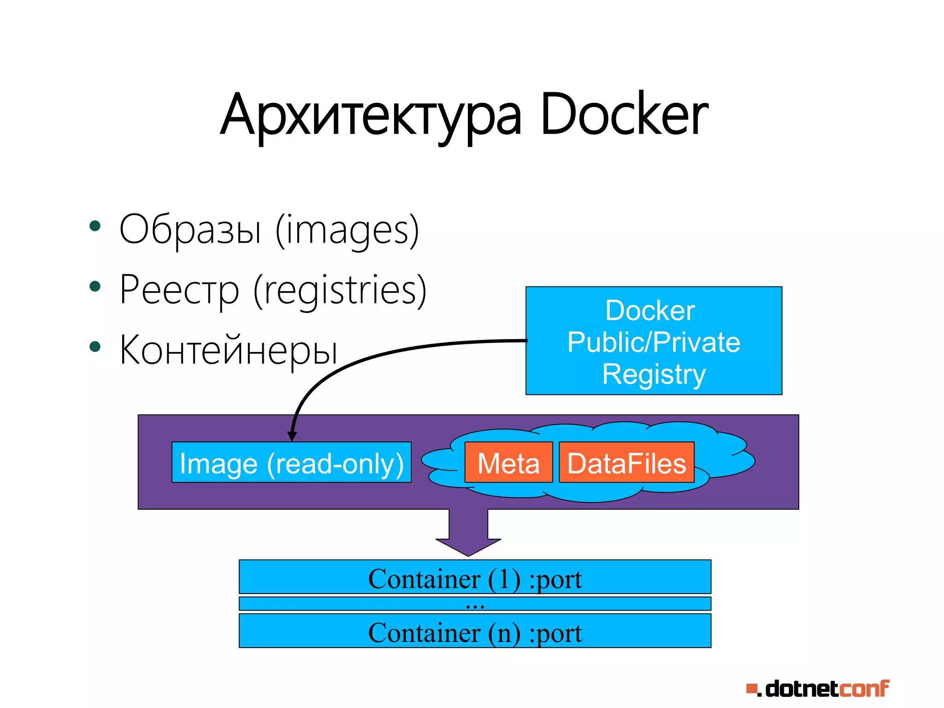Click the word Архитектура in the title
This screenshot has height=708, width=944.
pyautogui.click(x=371, y=115)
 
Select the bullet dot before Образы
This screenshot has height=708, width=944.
pyautogui.click(x=95, y=226)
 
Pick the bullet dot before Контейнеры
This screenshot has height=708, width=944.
pyautogui.click(x=95, y=347)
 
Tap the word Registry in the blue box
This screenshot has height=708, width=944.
pyautogui.click(x=654, y=374)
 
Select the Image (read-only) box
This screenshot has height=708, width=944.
pyautogui.click(x=291, y=463)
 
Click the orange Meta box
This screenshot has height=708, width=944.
pyautogui.click(x=508, y=463)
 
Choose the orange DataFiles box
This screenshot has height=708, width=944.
pyautogui.click(x=626, y=463)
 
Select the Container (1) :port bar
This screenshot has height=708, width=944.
pyautogui.click(x=475, y=577)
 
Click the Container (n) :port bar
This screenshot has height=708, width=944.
pyautogui.click(x=475, y=631)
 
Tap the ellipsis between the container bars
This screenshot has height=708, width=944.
pyautogui.click(x=475, y=604)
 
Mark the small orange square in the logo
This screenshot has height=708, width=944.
pyautogui.click(x=751, y=689)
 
